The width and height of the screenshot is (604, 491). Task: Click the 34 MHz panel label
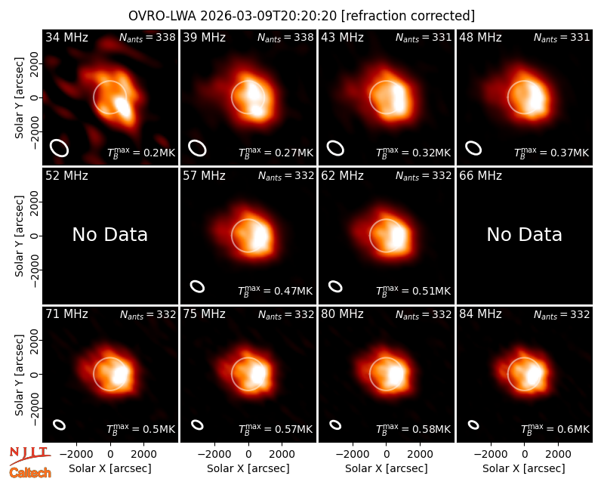(66, 37)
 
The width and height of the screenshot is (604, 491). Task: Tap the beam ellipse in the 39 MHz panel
(197, 148)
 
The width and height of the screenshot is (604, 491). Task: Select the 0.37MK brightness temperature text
(551, 153)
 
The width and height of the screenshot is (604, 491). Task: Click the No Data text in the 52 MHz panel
(109, 234)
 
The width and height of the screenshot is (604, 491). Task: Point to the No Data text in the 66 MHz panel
(524, 234)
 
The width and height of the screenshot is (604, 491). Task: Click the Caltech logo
(30, 472)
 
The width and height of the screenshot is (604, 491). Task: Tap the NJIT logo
(29, 455)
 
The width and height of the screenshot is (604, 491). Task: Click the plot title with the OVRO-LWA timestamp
(301, 16)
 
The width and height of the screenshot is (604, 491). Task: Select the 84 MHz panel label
(480, 314)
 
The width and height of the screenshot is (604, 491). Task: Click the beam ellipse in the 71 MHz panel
(60, 425)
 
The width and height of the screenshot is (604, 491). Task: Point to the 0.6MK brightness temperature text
(555, 429)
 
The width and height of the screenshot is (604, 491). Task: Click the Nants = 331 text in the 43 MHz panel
(424, 37)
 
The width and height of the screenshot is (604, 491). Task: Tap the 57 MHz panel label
(204, 176)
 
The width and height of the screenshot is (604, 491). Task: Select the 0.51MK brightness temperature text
(413, 291)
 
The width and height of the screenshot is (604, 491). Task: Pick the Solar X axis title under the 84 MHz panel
(524, 468)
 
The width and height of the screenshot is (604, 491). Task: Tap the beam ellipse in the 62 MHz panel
(335, 286)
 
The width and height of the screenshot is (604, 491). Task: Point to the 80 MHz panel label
(343, 314)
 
